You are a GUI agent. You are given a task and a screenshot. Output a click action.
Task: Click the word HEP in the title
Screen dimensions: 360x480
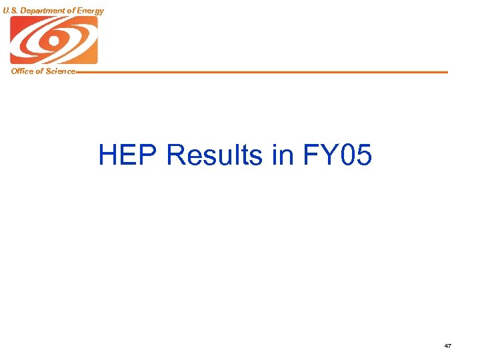click(129, 155)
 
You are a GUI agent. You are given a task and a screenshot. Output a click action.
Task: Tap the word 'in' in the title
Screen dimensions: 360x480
click(283, 155)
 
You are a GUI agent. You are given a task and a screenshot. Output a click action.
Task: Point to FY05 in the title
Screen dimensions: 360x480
click(337, 155)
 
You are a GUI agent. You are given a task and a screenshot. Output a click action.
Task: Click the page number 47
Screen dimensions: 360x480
click(447, 346)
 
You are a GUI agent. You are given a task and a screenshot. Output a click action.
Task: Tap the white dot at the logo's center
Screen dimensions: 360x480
click(53, 40)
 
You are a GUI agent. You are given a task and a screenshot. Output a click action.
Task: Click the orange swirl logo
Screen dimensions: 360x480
click(53, 40)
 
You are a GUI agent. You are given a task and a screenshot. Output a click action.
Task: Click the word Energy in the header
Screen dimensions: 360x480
click(91, 11)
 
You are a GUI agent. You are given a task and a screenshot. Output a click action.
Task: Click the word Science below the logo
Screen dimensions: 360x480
click(61, 71)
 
